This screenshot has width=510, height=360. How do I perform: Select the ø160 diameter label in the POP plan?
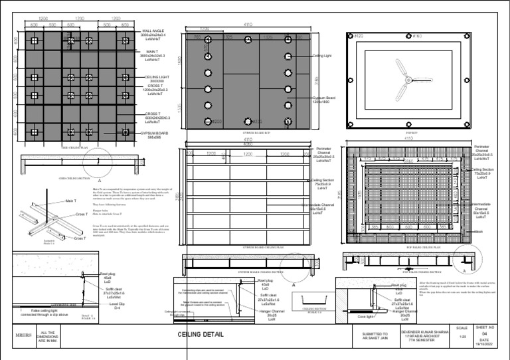pyautogui.click(x=417, y=35)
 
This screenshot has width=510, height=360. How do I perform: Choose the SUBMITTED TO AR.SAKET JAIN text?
pyautogui.click(x=375, y=334)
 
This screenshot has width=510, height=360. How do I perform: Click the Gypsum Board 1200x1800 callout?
pyautogui.click(x=326, y=100)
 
